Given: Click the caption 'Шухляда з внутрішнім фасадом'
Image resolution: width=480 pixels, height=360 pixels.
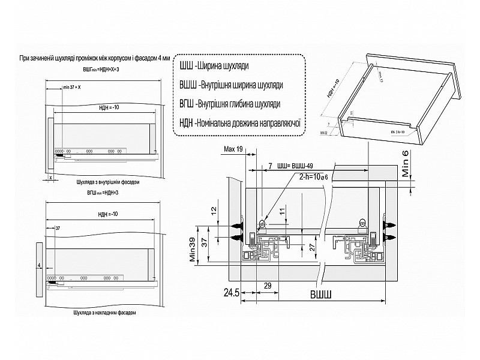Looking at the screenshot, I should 109,180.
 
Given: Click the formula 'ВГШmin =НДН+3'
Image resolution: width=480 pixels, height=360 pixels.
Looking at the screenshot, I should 103,192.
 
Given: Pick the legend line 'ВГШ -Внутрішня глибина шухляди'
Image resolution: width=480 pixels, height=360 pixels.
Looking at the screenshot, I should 230,104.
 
